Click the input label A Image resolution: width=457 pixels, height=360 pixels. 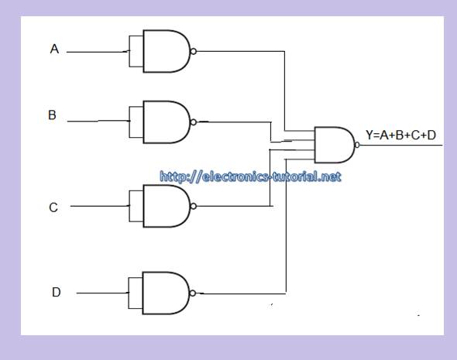click(54, 50)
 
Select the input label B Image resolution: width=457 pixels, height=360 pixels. click(53, 115)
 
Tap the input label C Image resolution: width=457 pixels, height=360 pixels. click(53, 207)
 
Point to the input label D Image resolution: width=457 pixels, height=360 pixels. click(56, 292)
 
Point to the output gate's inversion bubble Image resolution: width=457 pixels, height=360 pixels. click(357, 145)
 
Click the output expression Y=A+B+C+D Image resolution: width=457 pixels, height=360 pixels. click(400, 135)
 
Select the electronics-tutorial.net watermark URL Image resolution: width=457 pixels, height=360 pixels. click(250, 177)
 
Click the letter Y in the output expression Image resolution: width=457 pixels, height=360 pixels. click(369, 135)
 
